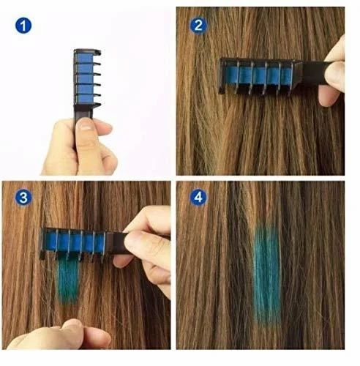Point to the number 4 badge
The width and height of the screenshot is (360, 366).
tap(197, 198)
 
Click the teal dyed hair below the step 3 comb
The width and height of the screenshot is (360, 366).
tap(70, 282)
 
